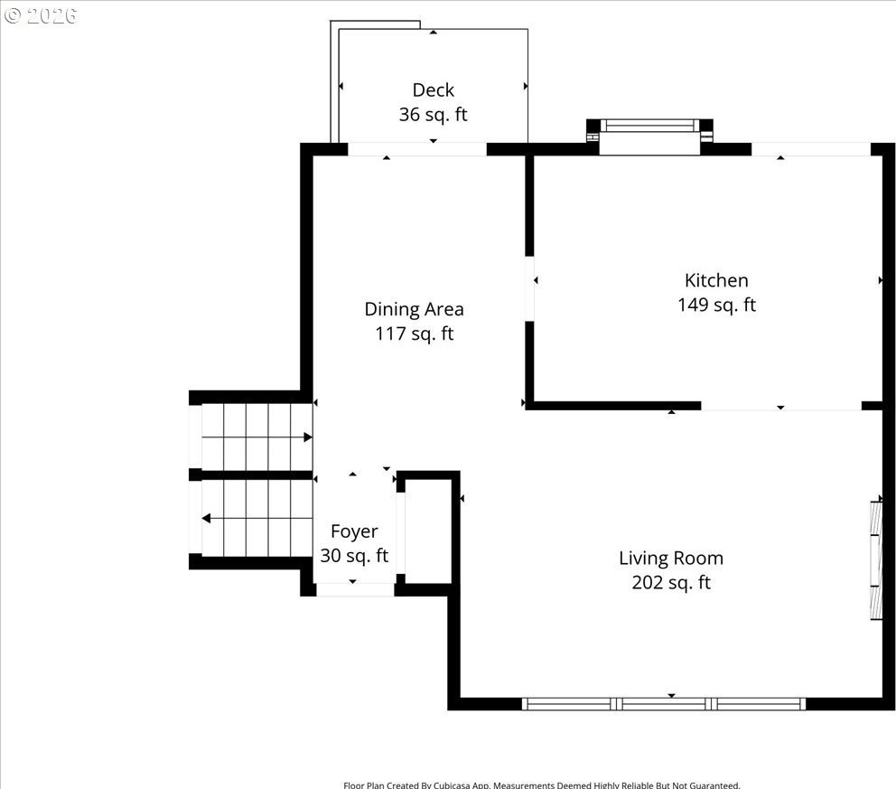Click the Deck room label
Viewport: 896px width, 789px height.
[x=434, y=89]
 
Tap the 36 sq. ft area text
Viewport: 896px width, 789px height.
[x=434, y=115]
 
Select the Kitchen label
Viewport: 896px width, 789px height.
[x=716, y=280]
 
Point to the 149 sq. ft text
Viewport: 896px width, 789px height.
[x=716, y=305]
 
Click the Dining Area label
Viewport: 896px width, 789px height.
[x=415, y=309]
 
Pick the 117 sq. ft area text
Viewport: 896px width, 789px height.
[x=415, y=333]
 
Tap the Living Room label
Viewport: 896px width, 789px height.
[x=671, y=559]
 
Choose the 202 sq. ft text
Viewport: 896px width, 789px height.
[x=671, y=583]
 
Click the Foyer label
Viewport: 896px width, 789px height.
[x=354, y=531]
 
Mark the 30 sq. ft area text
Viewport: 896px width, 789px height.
[x=354, y=556]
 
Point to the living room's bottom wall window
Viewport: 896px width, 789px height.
[x=664, y=704]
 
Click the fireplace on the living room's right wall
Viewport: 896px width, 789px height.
[x=876, y=561]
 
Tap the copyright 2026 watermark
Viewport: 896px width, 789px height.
[x=40, y=15]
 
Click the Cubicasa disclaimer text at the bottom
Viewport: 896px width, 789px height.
[x=542, y=785]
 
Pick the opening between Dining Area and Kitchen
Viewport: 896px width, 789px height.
[x=529, y=288]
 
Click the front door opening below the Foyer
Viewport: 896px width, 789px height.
[x=355, y=590]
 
